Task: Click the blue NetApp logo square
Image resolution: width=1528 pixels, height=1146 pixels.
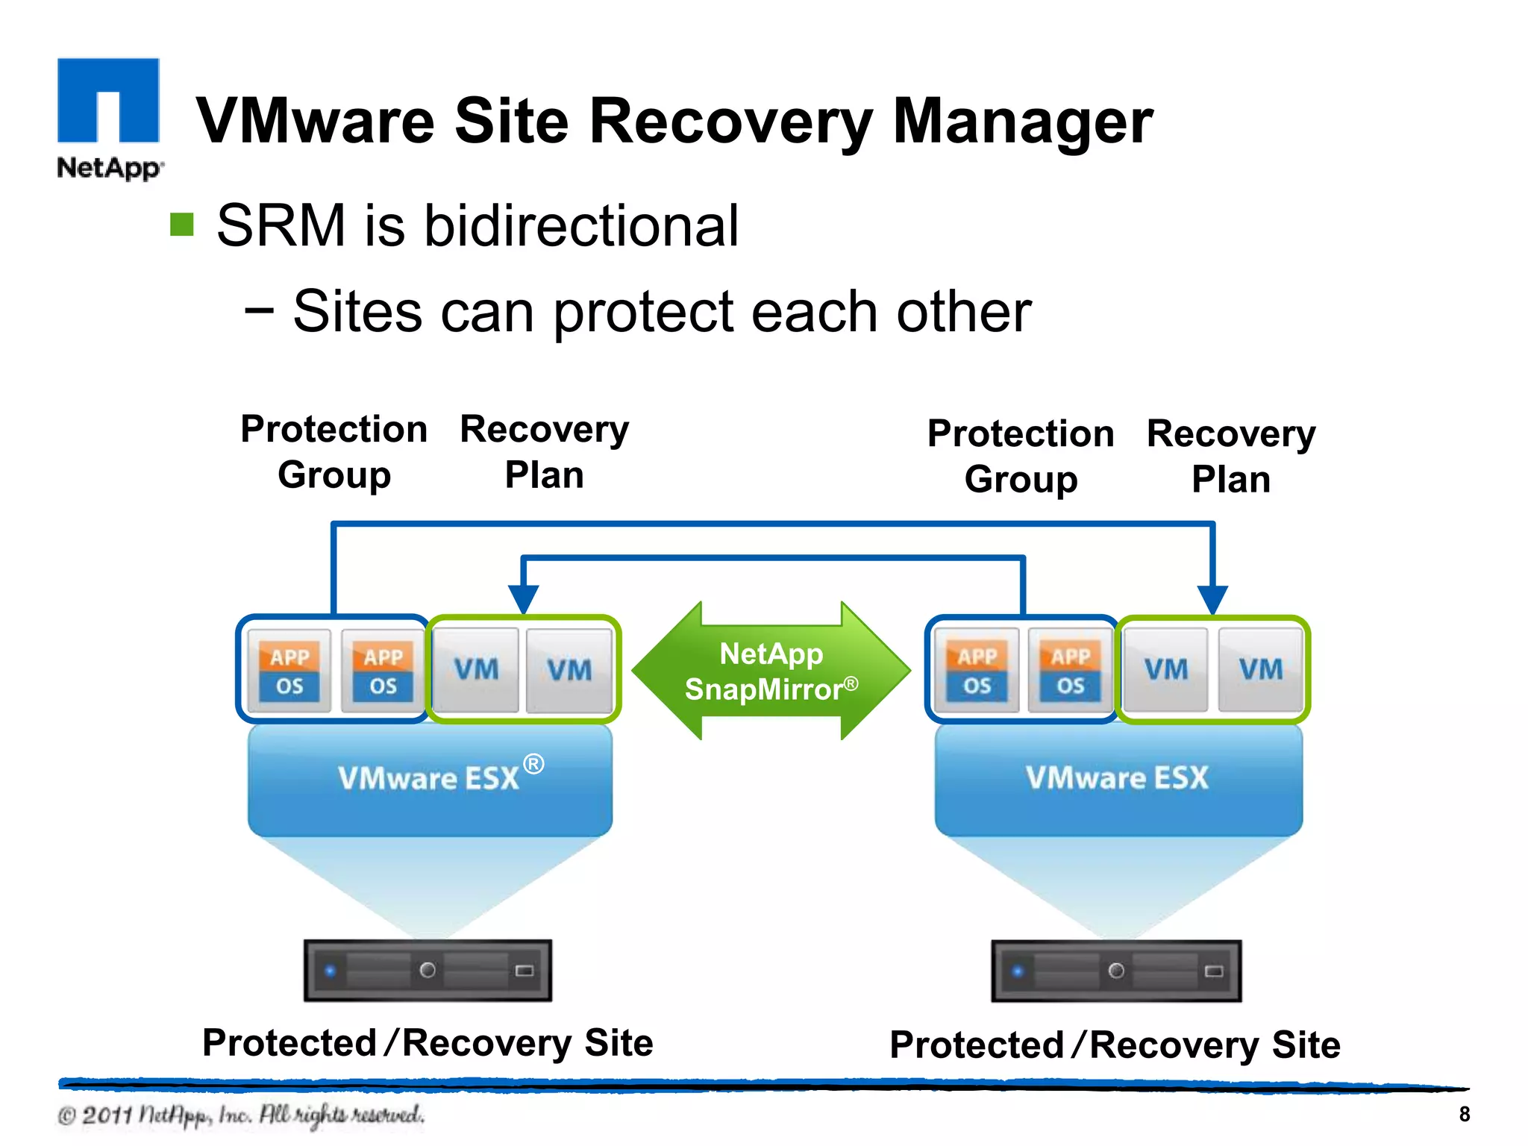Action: point(108,100)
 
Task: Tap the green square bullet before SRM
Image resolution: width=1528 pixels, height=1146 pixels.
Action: point(182,224)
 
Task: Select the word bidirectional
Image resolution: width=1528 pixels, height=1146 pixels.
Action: point(581,226)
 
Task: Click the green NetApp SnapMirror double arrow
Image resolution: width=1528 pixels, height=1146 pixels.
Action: point(771,671)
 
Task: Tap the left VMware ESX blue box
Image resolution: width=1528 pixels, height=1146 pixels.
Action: point(430,780)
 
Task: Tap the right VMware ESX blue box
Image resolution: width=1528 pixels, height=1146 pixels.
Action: point(1118,780)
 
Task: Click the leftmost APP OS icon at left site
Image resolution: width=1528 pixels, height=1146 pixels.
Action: point(289,671)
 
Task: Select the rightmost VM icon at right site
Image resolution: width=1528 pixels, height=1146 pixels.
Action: point(1261,669)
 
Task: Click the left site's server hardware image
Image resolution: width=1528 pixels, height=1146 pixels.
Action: point(428,970)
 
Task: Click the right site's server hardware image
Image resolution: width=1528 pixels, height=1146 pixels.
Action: point(1116,971)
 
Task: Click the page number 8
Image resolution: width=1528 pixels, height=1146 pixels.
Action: point(1464,1114)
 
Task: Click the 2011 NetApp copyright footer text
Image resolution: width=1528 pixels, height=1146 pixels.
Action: point(240,1115)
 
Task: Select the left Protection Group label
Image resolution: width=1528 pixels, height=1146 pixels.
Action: point(334,452)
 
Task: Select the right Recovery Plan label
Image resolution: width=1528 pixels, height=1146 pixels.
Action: point(1231,456)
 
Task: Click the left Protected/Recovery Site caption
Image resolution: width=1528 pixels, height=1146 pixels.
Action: point(428,1042)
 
